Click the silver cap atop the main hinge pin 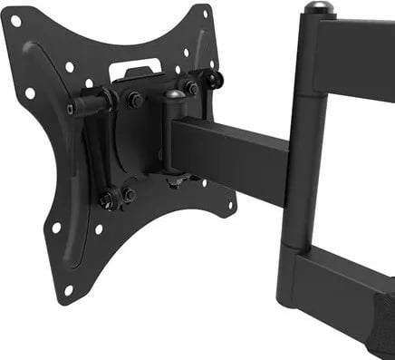(x=313, y=8)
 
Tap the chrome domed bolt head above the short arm (x=172, y=96)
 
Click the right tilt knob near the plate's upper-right (x=213, y=80)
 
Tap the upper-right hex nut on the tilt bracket (x=191, y=88)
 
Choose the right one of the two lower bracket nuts (x=130, y=194)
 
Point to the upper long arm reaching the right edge (x=353, y=54)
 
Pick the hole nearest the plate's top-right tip (x=206, y=15)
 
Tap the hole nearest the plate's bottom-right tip (x=231, y=206)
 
